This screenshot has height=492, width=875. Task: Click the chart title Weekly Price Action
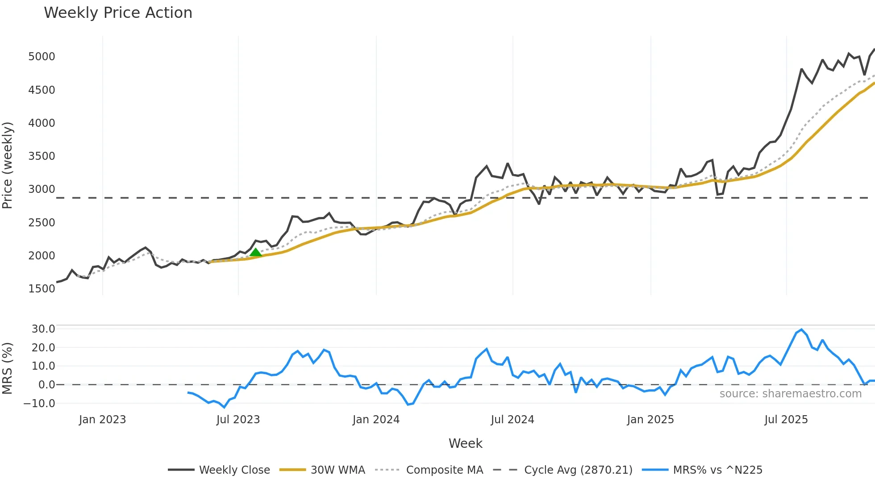[x=118, y=13]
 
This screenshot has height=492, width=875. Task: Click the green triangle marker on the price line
[x=255, y=253]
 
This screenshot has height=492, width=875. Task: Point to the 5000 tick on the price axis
[x=42, y=57]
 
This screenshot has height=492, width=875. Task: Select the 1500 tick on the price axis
[x=42, y=289]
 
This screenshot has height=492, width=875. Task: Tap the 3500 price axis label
[x=42, y=156]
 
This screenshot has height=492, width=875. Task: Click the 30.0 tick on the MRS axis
[x=43, y=329]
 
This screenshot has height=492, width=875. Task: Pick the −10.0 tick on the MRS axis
[x=40, y=404]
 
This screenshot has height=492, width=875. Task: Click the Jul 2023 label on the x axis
[x=238, y=420]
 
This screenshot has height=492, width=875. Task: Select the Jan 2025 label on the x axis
[x=650, y=420]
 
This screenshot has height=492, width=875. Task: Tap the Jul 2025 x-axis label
[x=786, y=420]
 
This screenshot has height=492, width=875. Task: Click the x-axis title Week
[x=465, y=443]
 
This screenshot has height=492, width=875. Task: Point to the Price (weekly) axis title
[x=8, y=165]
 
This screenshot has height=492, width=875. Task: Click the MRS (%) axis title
[x=8, y=368]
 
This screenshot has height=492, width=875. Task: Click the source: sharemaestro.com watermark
[x=790, y=394]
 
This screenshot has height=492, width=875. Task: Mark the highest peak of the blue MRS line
[x=802, y=330]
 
